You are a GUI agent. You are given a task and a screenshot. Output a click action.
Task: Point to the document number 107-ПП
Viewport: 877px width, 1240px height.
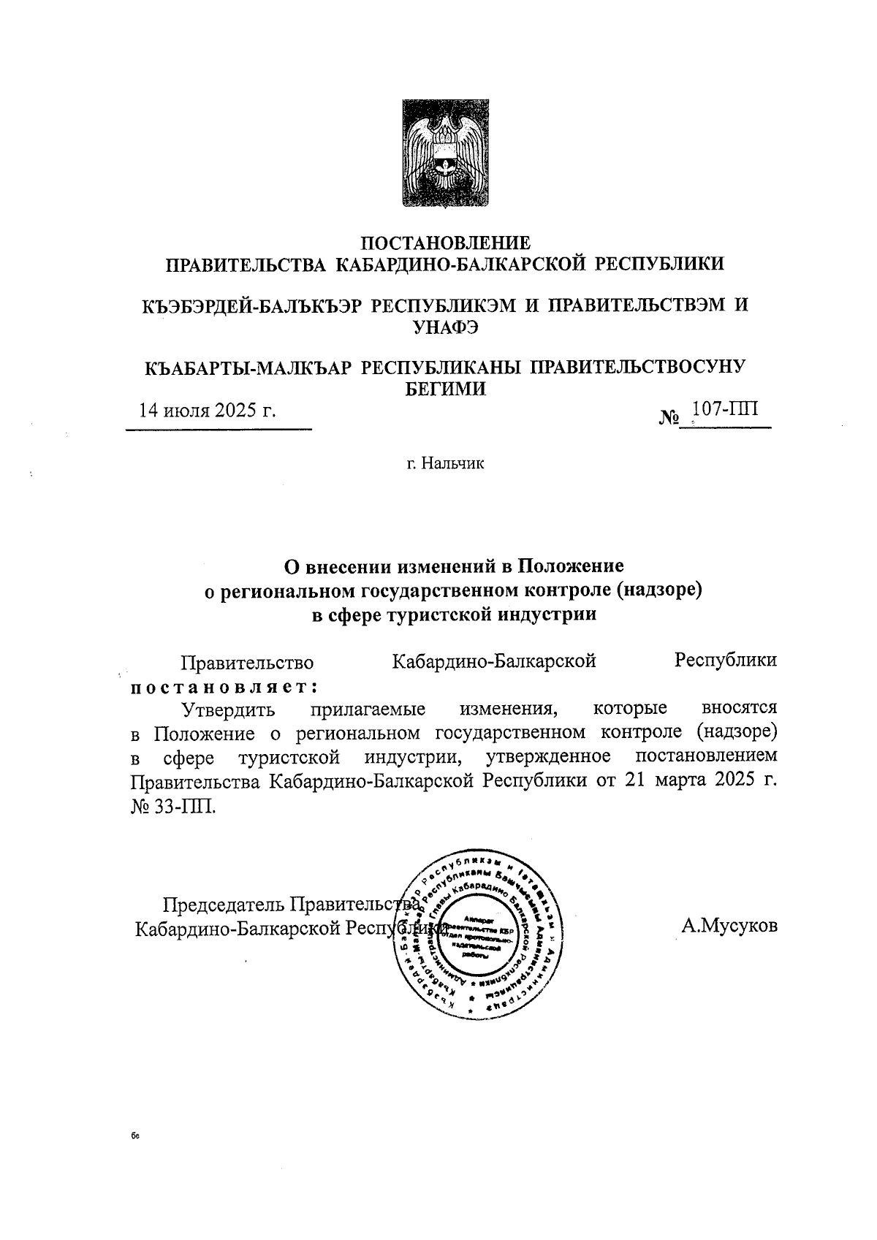pos(725,409)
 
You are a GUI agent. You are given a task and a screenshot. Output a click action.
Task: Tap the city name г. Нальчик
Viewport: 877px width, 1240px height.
pos(446,463)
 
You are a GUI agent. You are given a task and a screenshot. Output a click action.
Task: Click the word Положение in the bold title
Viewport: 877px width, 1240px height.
pos(571,566)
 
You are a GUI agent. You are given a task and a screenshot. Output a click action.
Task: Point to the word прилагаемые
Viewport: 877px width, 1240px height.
pos(368,709)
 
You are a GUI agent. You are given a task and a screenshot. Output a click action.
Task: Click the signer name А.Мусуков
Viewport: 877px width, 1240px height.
pos(729,927)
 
